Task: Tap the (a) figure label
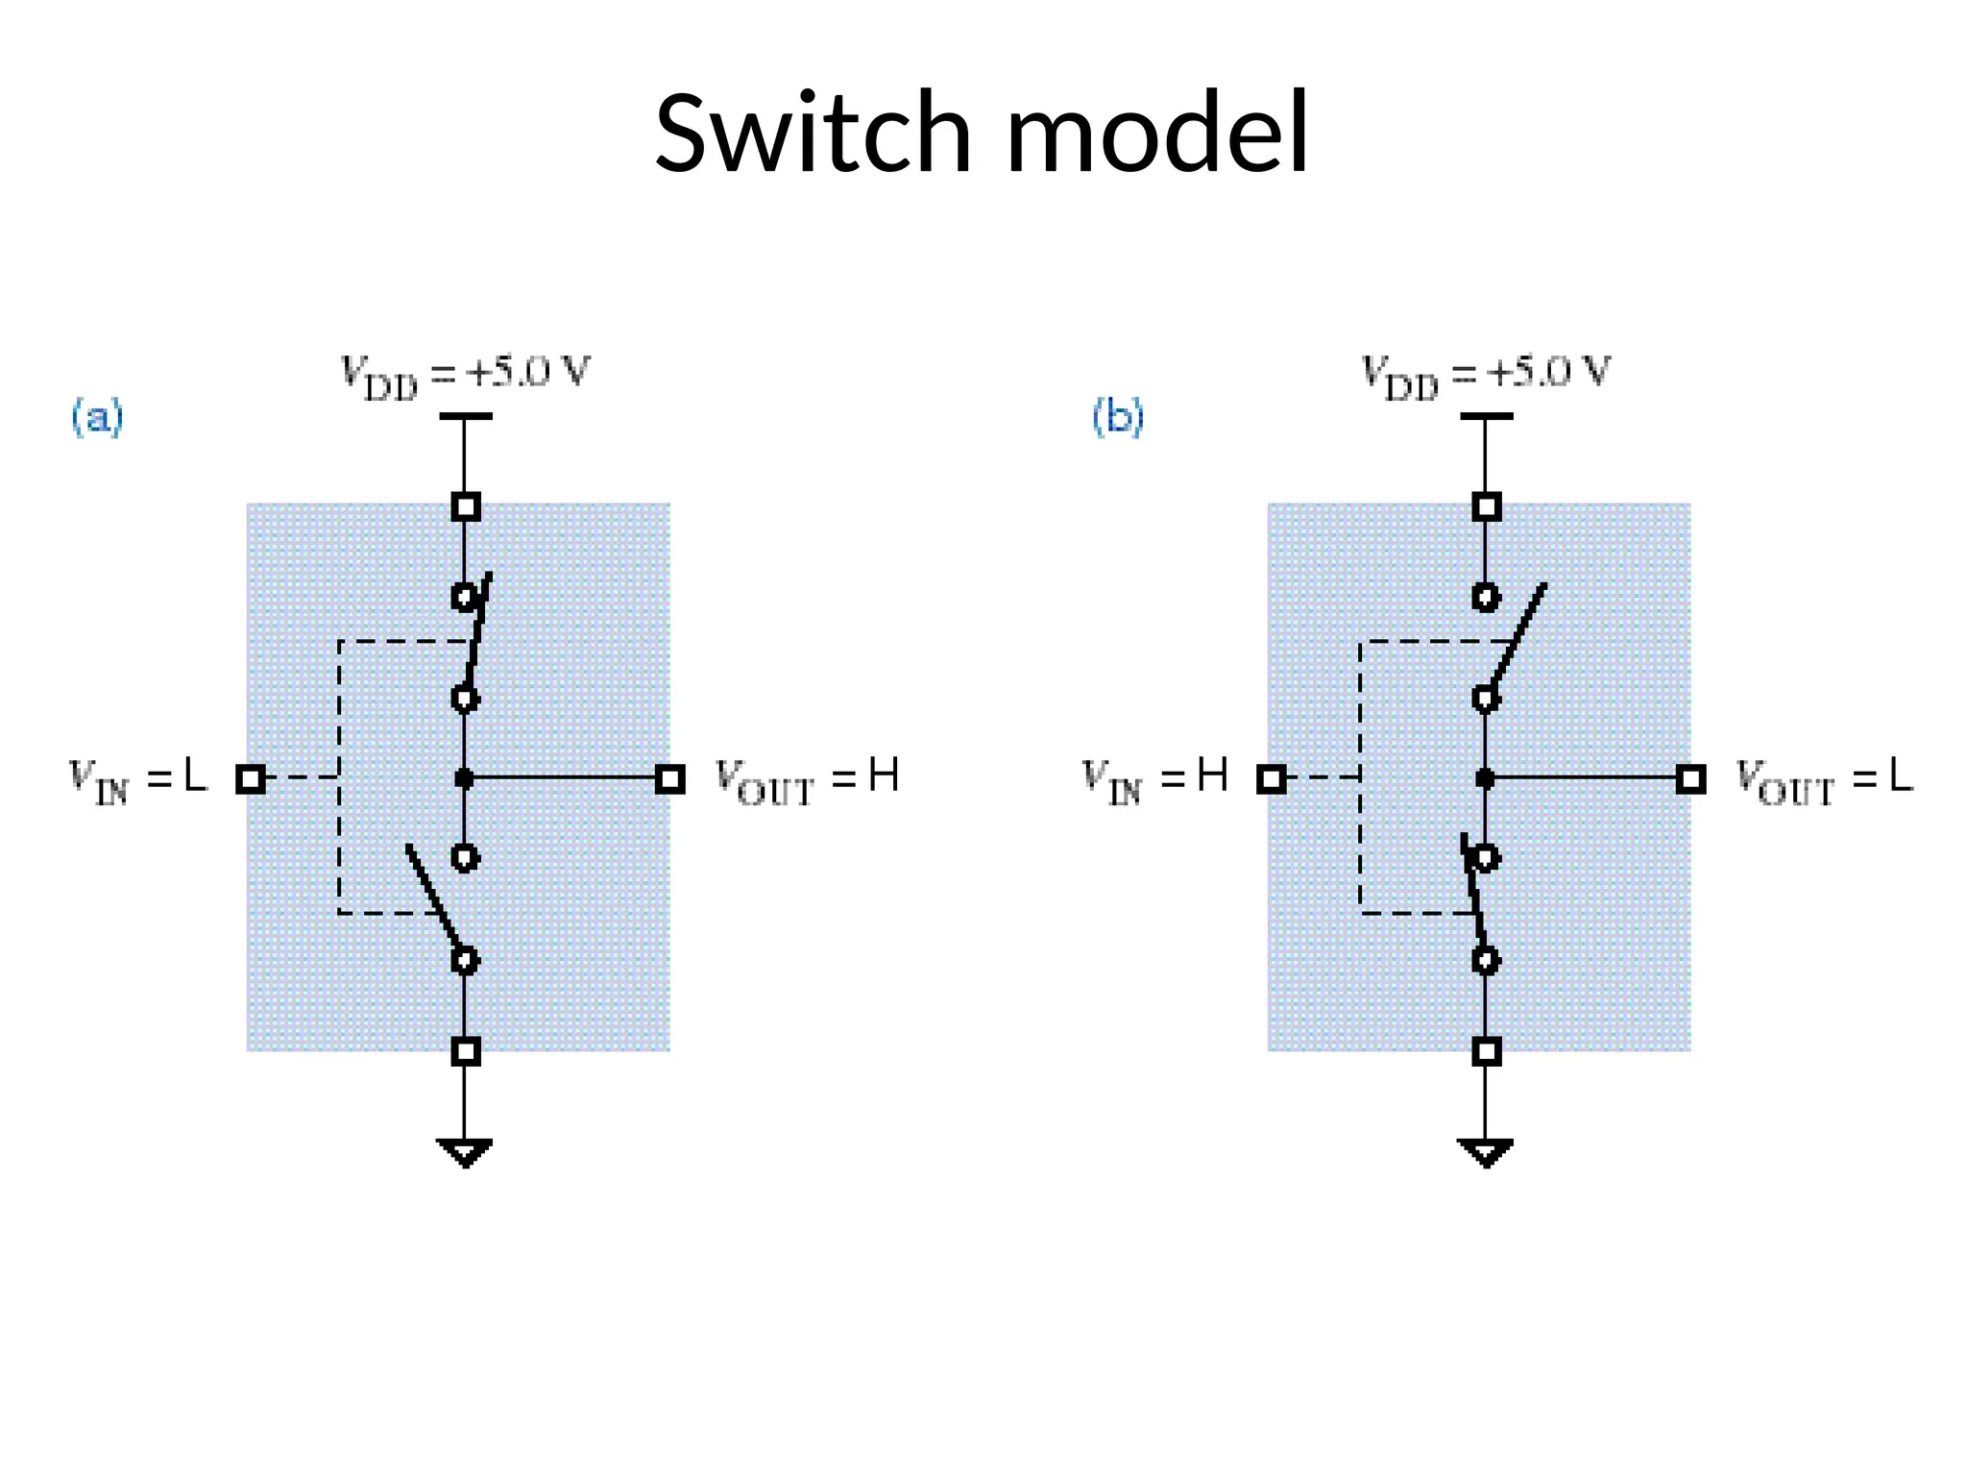98,418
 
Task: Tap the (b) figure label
1118,418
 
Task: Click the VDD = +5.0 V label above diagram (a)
465,373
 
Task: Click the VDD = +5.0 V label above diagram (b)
1485,373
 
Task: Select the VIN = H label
1154,778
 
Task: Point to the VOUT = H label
807,778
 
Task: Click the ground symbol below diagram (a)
465,1151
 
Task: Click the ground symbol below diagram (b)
1485,1151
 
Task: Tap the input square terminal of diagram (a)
251,778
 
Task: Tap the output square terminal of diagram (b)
1690,778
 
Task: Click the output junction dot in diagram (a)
465,778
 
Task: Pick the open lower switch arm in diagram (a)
433,898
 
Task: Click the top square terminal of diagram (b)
1486,506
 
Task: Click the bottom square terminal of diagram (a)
466,1051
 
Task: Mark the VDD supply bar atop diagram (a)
465,416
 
